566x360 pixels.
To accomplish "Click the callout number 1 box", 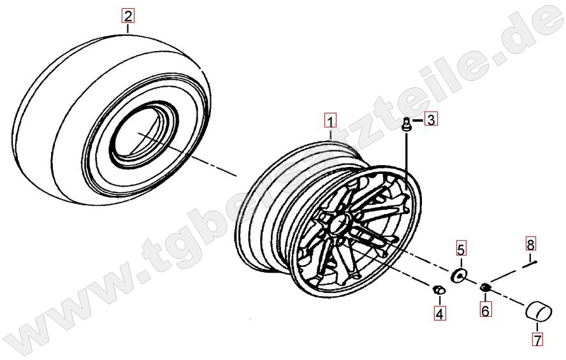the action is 330,121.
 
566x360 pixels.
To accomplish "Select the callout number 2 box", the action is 127,16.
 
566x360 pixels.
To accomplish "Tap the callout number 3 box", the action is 431,119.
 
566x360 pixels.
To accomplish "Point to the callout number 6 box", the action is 485,310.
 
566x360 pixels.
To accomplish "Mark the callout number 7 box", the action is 538,339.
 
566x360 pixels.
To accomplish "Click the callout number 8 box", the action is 530,244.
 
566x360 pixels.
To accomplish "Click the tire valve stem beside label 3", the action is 407,125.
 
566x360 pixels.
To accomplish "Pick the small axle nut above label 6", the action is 485,287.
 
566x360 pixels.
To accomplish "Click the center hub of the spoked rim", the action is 341,220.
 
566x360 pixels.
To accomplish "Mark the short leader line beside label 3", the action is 417,120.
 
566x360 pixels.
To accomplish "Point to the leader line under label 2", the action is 127,28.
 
